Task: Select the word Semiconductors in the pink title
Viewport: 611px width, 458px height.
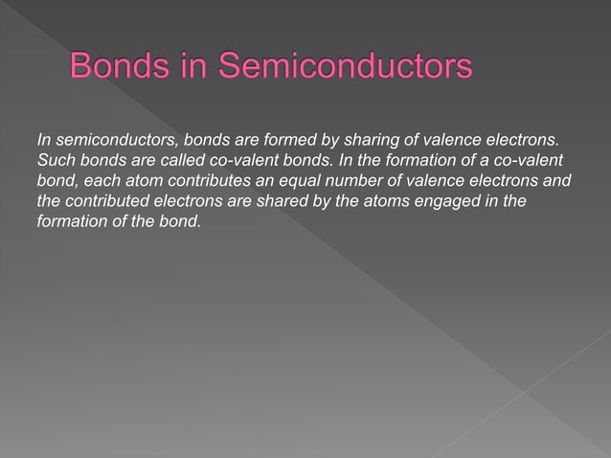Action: point(345,68)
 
